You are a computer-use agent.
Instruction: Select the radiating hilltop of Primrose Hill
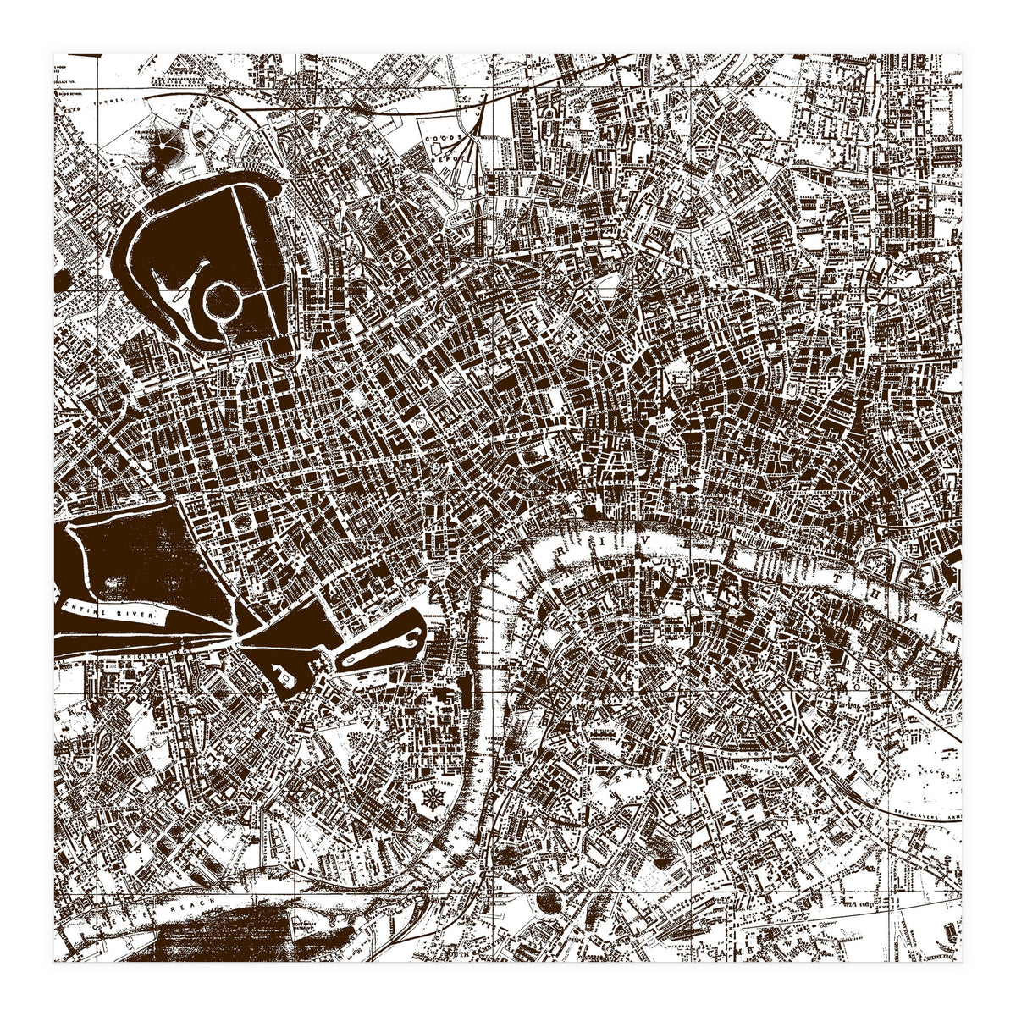click(161, 152)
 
